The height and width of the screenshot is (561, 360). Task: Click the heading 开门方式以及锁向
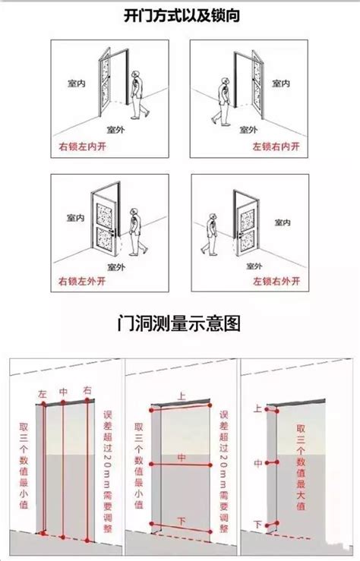[182, 15]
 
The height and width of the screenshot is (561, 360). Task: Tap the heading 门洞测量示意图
[179, 323]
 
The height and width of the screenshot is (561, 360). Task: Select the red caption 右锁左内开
[82, 147]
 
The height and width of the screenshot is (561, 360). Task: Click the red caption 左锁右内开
[276, 147]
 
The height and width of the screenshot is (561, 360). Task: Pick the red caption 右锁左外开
[82, 281]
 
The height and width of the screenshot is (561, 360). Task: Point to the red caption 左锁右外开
[276, 281]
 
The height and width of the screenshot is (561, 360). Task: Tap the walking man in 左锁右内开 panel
[222, 102]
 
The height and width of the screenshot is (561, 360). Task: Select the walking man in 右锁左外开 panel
[137, 232]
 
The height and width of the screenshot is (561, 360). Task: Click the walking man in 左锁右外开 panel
[210, 235]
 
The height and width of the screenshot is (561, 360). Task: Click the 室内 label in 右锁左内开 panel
[77, 84]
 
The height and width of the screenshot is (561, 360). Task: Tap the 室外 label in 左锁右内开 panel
[248, 130]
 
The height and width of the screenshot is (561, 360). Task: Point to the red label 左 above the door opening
[43, 394]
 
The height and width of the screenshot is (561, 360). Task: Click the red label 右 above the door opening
[87, 390]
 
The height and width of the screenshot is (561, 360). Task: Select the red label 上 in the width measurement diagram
[182, 396]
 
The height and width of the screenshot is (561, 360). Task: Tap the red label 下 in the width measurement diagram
[182, 522]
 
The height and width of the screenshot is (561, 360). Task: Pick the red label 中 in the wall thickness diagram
[258, 464]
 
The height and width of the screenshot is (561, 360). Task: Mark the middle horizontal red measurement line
[181, 465]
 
